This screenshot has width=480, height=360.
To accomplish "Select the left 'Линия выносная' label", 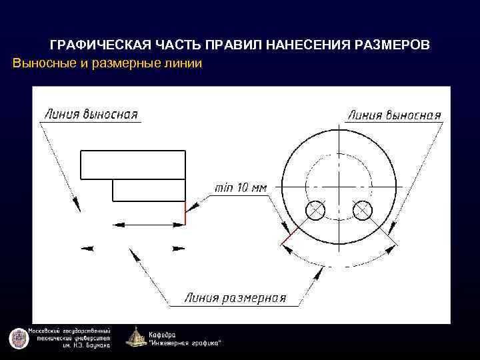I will pos(91,114).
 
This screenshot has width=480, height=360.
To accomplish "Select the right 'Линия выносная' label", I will pos(394,115).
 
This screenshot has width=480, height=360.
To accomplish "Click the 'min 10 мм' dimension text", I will pos(240,188).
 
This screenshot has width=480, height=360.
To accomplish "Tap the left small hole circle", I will pos(315,211).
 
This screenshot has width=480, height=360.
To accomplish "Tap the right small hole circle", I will pos(362,211).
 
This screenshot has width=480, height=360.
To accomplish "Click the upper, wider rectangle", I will pos(133,165).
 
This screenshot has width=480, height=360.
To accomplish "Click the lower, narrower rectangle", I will pos(148,190).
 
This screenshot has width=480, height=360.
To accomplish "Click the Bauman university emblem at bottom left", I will pos(19,338).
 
